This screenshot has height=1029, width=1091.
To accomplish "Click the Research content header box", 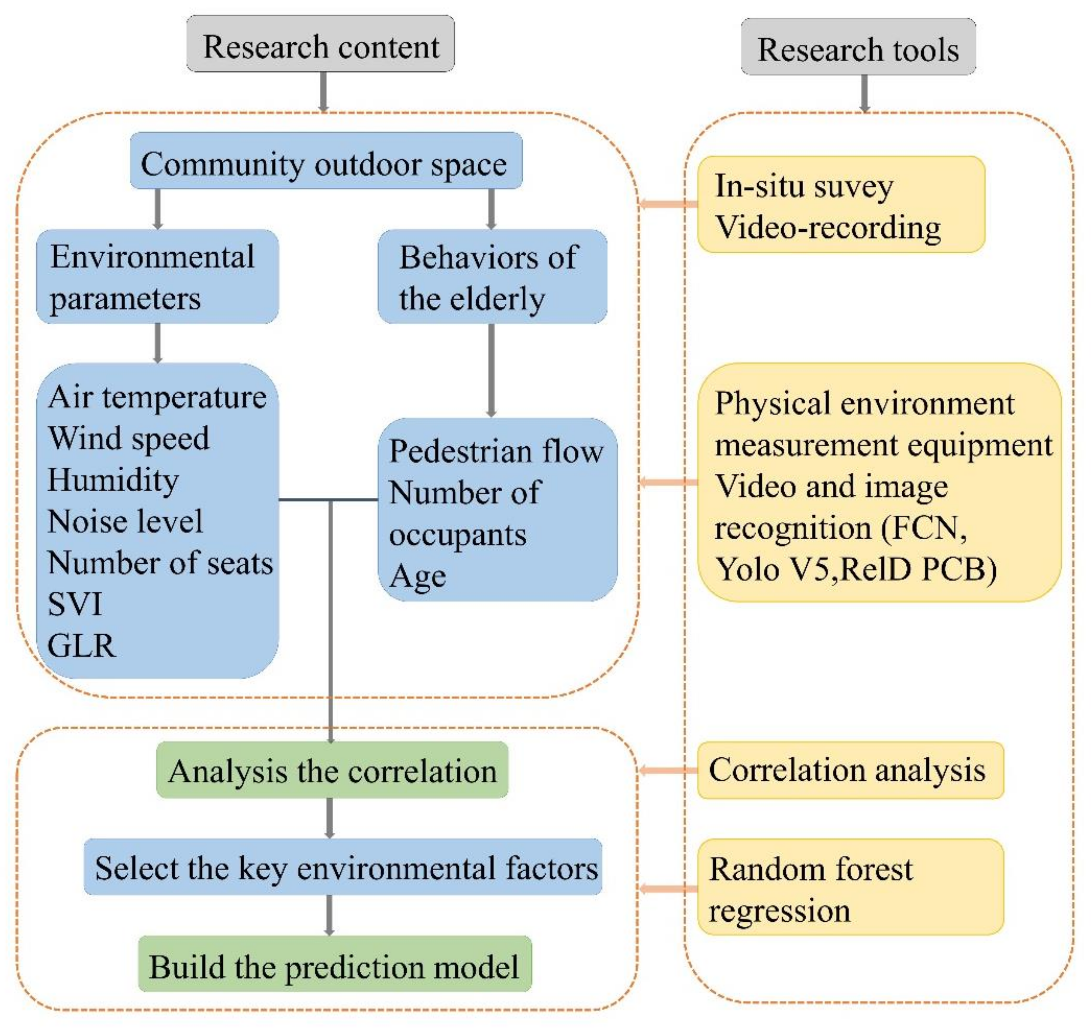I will point(321,44).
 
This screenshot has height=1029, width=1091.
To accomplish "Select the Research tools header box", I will point(858,47).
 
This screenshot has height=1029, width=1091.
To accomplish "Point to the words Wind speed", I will point(129,439).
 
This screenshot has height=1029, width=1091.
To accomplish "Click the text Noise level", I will point(125,521).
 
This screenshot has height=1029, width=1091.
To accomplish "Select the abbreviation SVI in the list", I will point(75,604).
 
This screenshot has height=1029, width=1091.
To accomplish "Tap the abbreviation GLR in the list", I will point(82,646).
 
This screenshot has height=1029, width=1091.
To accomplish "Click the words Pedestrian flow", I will point(496,452).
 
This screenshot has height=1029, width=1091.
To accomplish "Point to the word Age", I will point(418,576).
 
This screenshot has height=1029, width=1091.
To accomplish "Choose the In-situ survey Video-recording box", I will point(841,205).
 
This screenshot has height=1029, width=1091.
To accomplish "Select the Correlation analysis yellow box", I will point(850,770).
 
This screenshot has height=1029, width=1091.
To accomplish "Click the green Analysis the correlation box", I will point(332,770).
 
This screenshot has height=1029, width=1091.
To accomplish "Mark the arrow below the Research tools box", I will point(865,93).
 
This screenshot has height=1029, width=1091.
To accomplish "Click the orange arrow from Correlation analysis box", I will point(667,770).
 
